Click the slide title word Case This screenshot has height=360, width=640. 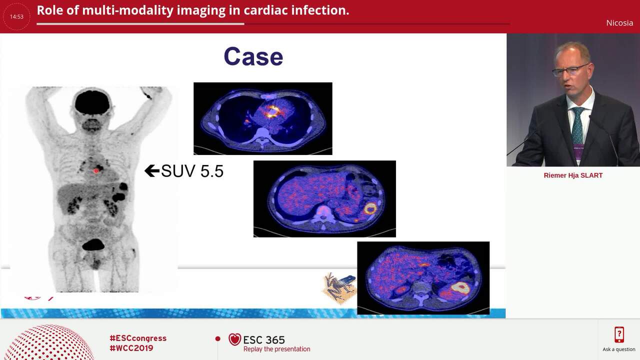click(x=253, y=56)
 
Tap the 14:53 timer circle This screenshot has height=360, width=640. click(x=16, y=16)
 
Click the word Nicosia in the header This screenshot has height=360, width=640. click(x=619, y=22)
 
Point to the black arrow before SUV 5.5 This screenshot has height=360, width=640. click(x=151, y=171)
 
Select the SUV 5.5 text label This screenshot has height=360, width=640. click(x=192, y=171)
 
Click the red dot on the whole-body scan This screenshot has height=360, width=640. click(x=96, y=171)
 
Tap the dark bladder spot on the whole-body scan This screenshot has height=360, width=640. click(x=93, y=244)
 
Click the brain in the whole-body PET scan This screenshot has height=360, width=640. click(x=92, y=103)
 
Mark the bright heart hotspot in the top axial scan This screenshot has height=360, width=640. click(x=272, y=111)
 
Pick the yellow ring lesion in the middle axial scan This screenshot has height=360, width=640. click(x=370, y=208)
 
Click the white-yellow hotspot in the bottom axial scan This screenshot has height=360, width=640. click(x=460, y=287)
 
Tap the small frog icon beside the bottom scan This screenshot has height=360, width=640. click(x=340, y=288)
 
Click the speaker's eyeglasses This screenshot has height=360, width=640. click(x=570, y=69)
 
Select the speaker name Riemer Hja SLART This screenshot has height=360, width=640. click(x=573, y=175)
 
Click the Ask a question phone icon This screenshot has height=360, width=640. click(x=619, y=334)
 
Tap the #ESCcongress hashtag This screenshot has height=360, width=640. click(x=138, y=338)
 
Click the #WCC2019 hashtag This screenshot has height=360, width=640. click(x=131, y=348)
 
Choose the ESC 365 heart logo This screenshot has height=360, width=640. click(x=234, y=339)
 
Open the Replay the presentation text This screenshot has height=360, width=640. click(x=276, y=349)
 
